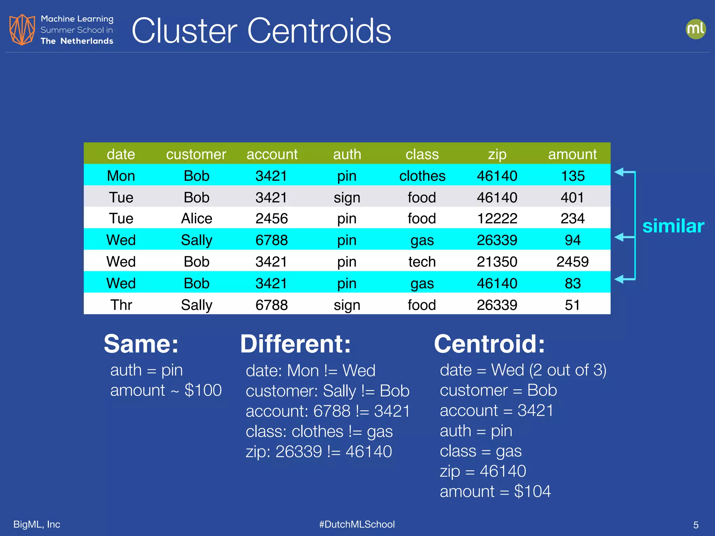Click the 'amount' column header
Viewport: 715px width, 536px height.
point(572,154)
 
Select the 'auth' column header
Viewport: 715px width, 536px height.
point(347,154)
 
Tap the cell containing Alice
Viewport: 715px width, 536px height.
point(197,218)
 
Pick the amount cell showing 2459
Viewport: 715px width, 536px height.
point(572,262)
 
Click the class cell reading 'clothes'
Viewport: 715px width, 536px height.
point(422,176)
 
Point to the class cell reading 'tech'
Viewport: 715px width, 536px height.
point(422,262)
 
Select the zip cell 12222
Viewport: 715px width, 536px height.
point(497,218)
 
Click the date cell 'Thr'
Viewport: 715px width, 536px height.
point(121,305)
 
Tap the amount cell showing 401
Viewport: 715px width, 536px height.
point(572,198)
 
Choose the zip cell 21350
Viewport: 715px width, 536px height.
point(497,262)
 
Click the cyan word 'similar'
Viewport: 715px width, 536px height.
point(673,226)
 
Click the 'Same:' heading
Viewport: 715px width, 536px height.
point(141,344)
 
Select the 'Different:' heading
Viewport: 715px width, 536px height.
point(295,344)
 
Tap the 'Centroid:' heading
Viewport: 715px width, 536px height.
point(489,344)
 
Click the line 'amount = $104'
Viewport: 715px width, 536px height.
point(495,491)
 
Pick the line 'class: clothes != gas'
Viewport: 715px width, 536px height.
point(319,431)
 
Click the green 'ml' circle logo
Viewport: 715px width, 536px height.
point(695,29)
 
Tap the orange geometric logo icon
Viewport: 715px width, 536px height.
point(22,30)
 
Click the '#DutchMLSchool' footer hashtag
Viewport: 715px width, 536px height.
point(357,524)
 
